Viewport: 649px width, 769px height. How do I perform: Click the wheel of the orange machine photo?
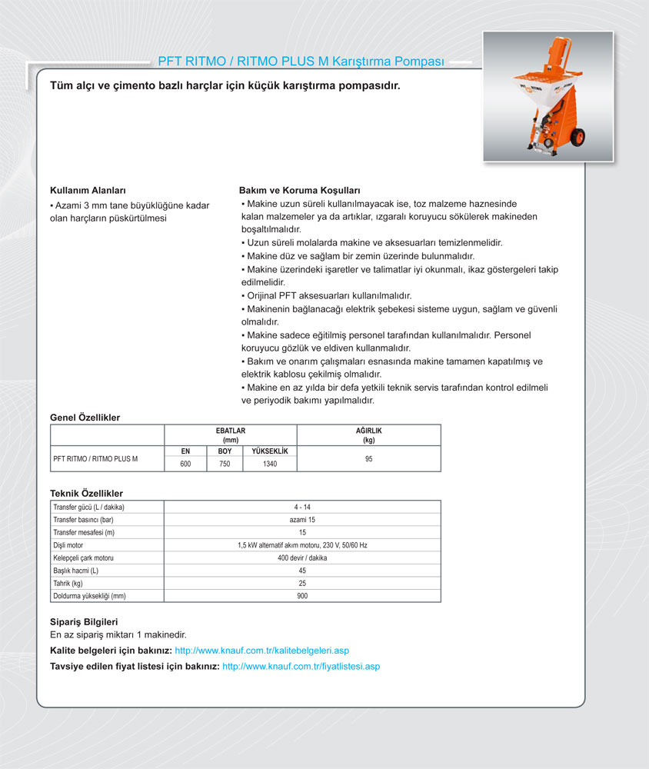point(577,137)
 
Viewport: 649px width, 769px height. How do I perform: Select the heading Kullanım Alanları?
point(88,190)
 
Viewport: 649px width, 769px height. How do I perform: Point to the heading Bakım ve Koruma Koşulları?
point(300,190)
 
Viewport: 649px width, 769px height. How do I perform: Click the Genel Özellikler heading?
point(85,418)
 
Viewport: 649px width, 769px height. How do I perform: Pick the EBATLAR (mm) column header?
point(230,435)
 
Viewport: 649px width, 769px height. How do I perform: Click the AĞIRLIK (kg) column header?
point(368,435)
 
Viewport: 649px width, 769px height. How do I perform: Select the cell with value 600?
point(185,464)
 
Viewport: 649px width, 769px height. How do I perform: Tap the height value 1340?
point(269,464)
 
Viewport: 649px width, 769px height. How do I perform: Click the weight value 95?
point(368,458)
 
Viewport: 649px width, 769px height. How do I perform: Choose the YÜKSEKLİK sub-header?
point(269,451)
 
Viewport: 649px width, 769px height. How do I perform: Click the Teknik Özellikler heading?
point(86,493)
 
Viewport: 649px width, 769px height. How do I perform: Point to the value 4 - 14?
point(302,507)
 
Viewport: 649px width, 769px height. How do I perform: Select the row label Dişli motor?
point(68,545)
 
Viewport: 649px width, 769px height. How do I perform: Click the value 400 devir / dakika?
point(302,558)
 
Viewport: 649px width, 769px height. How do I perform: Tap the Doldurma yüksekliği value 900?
point(302,596)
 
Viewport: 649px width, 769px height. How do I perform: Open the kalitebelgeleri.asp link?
point(262,651)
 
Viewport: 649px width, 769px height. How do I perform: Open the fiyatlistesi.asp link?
point(301,666)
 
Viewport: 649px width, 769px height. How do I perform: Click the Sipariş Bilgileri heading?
point(84,621)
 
